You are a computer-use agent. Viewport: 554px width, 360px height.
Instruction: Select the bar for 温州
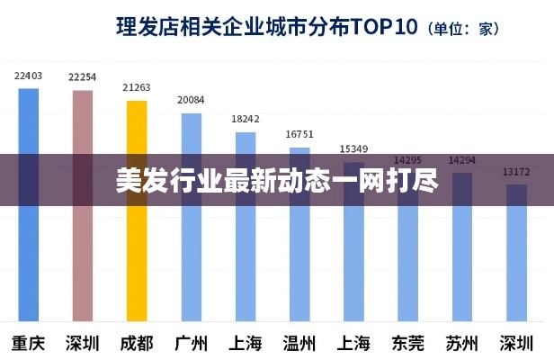click(299, 243)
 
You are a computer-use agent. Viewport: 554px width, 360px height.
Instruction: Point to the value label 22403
click(29, 76)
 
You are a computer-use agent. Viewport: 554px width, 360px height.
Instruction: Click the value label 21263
click(137, 88)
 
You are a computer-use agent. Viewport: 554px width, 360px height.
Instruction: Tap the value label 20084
click(191, 100)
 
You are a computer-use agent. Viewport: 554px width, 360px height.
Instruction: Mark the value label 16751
click(299, 134)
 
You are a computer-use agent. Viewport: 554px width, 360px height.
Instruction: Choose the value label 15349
click(353, 148)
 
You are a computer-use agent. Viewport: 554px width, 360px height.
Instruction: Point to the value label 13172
click(516, 171)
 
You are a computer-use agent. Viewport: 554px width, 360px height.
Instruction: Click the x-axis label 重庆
click(29, 343)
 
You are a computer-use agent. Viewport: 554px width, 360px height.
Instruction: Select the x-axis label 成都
click(137, 343)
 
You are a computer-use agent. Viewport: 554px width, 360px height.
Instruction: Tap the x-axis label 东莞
click(407, 343)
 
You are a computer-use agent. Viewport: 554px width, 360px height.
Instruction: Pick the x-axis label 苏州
click(462, 343)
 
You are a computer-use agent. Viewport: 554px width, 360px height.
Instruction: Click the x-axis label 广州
click(191, 343)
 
